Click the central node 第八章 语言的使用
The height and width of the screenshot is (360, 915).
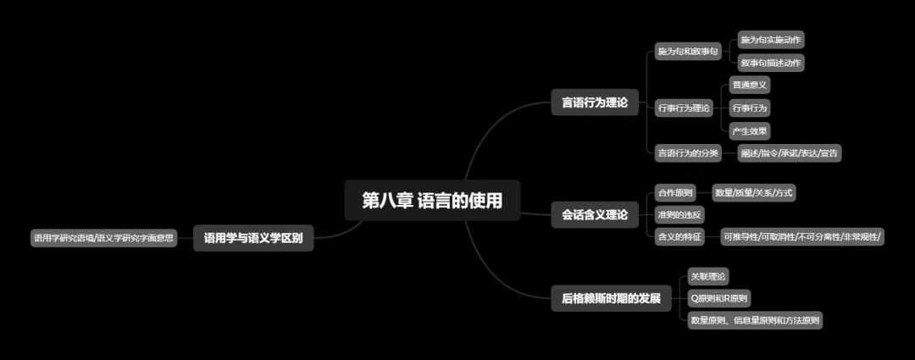pyautogui.click(x=432, y=201)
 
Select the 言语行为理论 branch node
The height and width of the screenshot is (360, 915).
pyautogui.click(x=595, y=102)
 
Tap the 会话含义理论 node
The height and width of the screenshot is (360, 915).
pyautogui.click(x=595, y=215)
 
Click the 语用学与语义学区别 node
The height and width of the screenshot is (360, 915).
pyautogui.click(x=253, y=239)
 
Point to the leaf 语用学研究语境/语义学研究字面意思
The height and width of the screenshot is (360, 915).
pyautogui.click(x=103, y=239)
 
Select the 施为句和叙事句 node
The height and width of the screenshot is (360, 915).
pyautogui.click(x=688, y=53)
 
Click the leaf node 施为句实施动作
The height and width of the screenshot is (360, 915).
pyautogui.click(x=771, y=40)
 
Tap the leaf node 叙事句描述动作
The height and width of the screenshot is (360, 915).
pyautogui.click(x=771, y=63)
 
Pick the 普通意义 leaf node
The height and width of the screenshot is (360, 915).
pyautogui.click(x=750, y=85)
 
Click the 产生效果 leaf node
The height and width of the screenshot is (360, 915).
pyautogui.click(x=750, y=131)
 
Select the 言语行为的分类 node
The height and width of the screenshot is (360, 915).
pyautogui.click(x=688, y=153)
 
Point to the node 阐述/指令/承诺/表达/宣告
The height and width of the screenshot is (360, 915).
pyautogui.click(x=790, y=153)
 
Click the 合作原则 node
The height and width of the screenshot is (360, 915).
pyautogui.click(x=675, y=193)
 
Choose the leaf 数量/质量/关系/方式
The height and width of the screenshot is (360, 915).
pyautogui.click(x=753, y=193)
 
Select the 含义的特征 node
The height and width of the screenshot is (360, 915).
pyautogui.click(x=679, y=237)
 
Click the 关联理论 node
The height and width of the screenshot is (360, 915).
pyautogui.click(x=708, y=276)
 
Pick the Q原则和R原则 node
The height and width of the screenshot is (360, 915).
pyautogui.click(x=719, y=298)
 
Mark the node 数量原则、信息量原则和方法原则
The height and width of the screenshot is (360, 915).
pyautogui.click(x=755, y=320)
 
